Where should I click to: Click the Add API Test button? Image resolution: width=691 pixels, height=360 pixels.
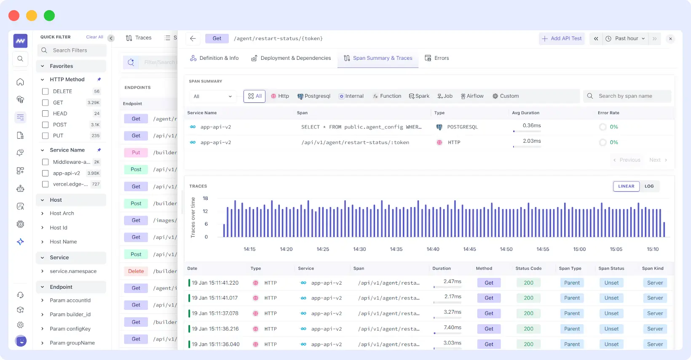(x=562, y=38)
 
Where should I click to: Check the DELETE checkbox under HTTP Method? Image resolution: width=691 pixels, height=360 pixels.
(x=45, y=91)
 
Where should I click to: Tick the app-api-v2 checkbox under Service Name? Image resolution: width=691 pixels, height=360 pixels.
(x=45, y=173)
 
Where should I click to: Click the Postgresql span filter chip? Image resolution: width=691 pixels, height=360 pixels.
(x=314, y=96)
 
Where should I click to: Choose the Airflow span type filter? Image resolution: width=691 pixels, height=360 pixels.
(x=472, y=96)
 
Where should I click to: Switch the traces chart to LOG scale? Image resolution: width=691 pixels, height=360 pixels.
(x=649, y=186)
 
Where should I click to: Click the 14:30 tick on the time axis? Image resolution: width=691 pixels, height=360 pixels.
(x=359, y=249)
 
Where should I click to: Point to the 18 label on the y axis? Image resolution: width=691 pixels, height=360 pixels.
(x=205, y=198)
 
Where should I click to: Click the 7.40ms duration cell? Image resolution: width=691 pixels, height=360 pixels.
(x=452, y=327)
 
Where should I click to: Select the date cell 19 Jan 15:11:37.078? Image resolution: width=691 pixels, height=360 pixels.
(x=215, y=313)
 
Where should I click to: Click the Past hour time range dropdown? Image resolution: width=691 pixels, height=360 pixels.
(x=626, y=38)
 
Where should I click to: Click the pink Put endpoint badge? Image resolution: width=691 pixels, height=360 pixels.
(x=136, y=152)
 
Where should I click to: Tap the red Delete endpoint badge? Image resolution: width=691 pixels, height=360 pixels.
(x=136, y=271)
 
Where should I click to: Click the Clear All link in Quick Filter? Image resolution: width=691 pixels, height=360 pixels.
(x=94, y=37)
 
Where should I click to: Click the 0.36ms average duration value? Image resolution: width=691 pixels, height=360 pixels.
(x=531, y=125)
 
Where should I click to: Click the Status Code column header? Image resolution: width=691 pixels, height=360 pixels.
(x=528, y=268)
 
